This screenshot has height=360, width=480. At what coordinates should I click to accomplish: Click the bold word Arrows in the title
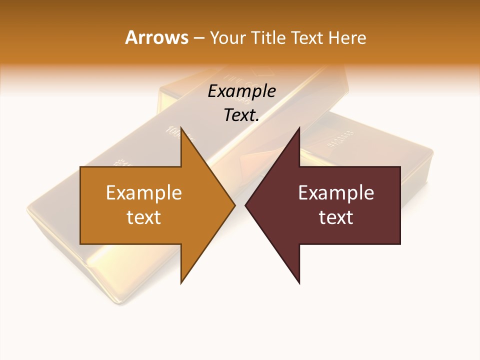(x=156, y=37)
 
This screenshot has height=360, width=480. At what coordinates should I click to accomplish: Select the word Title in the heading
(x=270, y=37)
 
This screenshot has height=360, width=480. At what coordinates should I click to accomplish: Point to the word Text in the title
(x=308, y=37)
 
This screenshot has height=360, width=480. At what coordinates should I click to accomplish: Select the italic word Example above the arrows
(x=241, y=91)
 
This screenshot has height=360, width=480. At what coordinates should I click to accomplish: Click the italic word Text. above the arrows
(x=241, y=115)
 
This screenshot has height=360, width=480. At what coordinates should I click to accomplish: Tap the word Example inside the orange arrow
(x=144, y=193)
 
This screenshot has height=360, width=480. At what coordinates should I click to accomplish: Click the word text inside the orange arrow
(x=144, y=217)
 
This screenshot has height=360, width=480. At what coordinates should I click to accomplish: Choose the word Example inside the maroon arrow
(x=336, y=193)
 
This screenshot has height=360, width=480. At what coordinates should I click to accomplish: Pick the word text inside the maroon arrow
(x=336, y=217)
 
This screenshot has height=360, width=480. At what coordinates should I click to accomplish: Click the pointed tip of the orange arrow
(x=235, y=205)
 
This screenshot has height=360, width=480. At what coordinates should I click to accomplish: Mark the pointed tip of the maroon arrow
(x=245, y=205)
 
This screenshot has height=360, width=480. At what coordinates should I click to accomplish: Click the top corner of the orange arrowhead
(x=181, y=128)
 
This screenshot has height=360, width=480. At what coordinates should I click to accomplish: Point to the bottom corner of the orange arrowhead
(x=181, y=283)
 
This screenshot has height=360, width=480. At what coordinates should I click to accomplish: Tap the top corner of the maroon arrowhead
(x=299, y=128)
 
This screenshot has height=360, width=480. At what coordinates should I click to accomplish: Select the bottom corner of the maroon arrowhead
(x=299, y=283)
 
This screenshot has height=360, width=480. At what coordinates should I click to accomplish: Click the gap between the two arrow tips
(x=240, y=205)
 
